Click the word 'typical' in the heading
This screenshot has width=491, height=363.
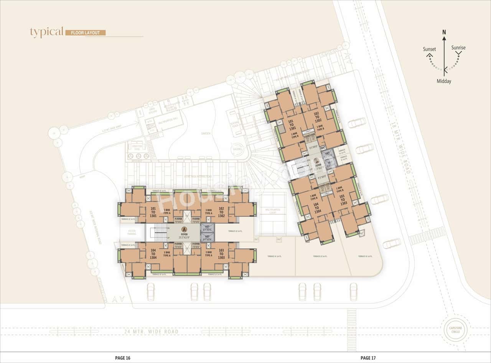pos(46,33)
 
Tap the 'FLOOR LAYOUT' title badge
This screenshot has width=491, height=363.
pos(85,33)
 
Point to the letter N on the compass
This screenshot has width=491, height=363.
pos(444,32)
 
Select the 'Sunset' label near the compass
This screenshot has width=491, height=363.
pos(429,49)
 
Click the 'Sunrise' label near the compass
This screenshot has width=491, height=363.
pos(458,48)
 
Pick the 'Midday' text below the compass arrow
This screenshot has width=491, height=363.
pos(444,81)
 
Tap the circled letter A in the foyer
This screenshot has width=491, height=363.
pos(184,229)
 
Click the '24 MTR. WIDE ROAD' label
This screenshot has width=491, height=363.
pos(152,332)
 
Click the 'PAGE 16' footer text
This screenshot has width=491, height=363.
pos(123,358)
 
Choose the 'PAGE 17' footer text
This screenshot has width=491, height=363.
pos(368,358)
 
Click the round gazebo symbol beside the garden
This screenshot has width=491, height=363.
pos(236,149)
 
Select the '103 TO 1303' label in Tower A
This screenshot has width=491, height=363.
pos(221,254)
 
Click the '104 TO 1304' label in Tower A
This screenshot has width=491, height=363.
pos(153,254)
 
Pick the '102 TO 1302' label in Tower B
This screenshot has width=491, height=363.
pos(317,117)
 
